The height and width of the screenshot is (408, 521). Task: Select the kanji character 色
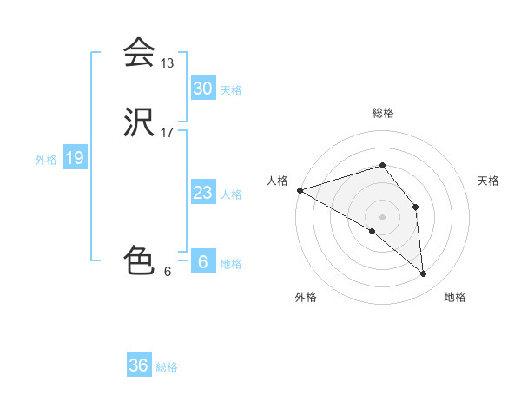click(x=138, y=260)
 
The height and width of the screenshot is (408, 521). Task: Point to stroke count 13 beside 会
click(x=168, y=63)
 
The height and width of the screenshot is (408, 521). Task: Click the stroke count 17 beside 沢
click(x=168, y=133)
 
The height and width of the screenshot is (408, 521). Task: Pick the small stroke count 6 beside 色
click(x=168, y=271)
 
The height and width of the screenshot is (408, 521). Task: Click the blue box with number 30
click(x=202, y=89)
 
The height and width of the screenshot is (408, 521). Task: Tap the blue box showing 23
click(x=202, y=193)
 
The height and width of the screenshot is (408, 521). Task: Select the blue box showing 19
click(x=74, y=158)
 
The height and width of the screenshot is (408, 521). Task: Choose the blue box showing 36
click(x=138, y=365)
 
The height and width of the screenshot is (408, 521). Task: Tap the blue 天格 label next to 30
click(x=231, y=89)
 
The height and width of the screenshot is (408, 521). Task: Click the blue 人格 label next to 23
click(x=231, y=194)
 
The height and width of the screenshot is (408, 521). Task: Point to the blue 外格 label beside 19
click(x=46, y=159)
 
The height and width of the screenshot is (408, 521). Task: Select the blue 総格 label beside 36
click(x=167, y=366)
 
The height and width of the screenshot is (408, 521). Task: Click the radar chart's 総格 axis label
click(x=382, y=113)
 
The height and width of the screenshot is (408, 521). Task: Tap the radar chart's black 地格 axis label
click(x=455, y=297)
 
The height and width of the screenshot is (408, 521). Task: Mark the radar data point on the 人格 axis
click(x=299, y=190)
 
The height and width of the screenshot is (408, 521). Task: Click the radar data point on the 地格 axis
click(x=423, y=273)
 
